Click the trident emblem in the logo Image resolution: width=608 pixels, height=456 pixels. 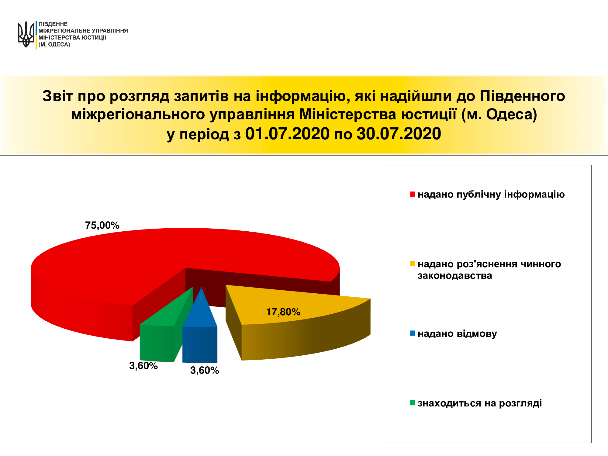coord(26,34)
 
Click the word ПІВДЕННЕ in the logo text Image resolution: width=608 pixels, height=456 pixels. coord(53,24)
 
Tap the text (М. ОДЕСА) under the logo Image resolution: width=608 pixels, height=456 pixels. coord(54,44)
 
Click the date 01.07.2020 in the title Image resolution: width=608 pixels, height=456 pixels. coord(287,134)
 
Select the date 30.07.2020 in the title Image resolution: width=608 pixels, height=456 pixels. coord(399,134)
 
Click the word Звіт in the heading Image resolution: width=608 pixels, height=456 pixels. coord(58,96)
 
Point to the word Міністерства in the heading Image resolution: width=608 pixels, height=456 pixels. coord(348,115)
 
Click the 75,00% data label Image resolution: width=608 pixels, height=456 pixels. coord(102,225)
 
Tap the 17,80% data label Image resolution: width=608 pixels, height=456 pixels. coord(283,312)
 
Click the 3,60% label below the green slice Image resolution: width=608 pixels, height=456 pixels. coord(143,366)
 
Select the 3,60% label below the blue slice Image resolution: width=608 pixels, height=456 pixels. coord(205,370)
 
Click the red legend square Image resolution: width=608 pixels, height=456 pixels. coord(413,194)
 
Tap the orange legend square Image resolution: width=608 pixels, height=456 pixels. coord(413,264)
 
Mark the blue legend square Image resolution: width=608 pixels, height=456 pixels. coord(413,333)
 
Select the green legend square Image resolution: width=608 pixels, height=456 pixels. coord(413,403)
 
